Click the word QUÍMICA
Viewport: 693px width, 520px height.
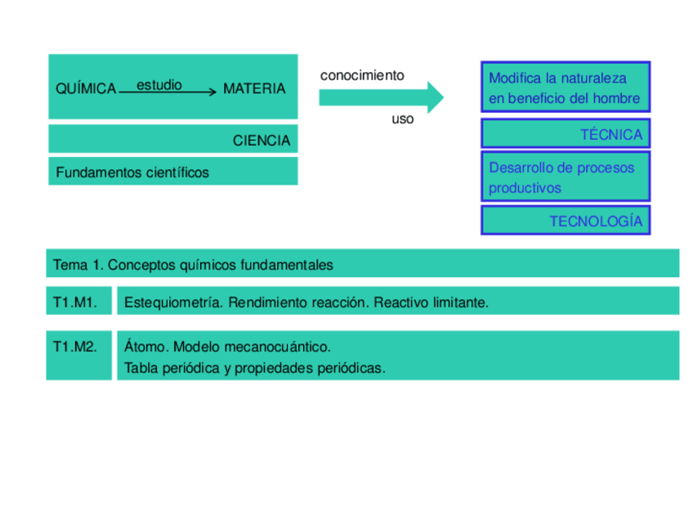coord(86,89)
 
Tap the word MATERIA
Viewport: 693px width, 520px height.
coord(254,88)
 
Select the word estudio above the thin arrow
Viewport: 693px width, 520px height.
coord(159,84)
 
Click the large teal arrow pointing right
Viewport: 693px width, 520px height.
coord(380,97)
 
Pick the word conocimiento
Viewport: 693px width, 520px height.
coord(362,75)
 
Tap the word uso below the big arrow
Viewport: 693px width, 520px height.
coord(403,119)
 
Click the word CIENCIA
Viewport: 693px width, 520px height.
coord(261,141)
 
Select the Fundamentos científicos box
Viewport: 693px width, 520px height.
coord(172,172)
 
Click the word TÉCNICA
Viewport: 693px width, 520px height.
coord(611,135)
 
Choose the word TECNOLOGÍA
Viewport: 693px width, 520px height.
coord(596,222)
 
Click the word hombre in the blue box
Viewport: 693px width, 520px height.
coord(618,98)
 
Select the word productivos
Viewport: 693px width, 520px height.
coord(525,188)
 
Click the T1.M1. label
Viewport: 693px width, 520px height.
coord(75,303)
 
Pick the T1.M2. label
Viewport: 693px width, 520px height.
coord(75,347)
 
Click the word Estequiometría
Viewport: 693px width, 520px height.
coord(172,303)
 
